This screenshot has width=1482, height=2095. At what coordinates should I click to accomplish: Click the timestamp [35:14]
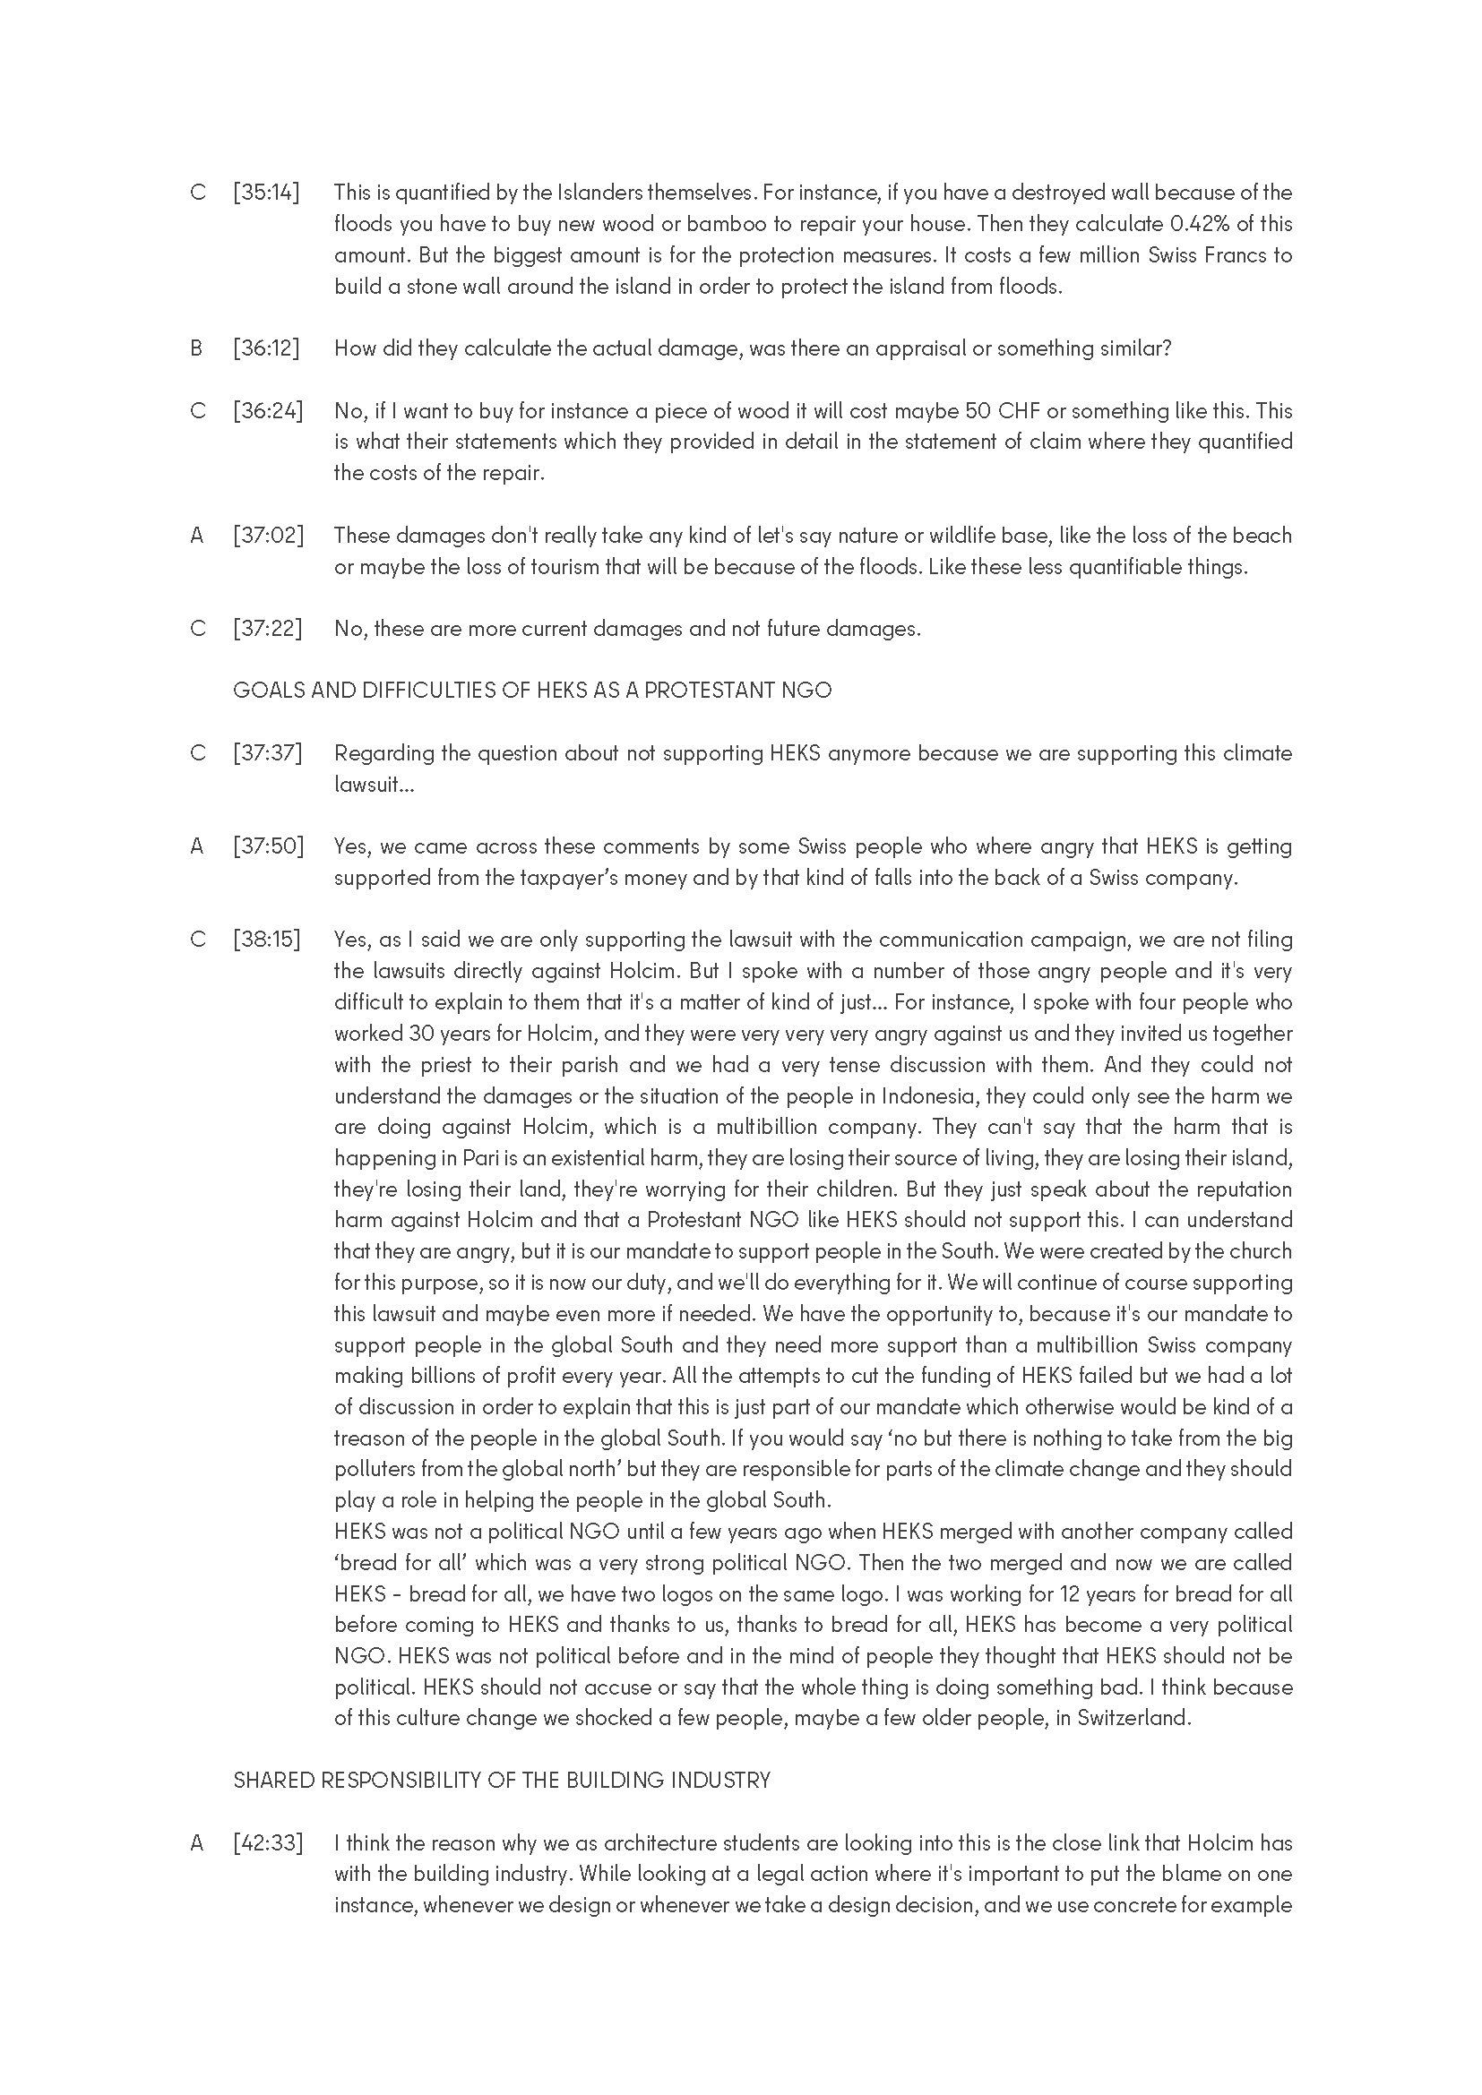[x=266, y=193]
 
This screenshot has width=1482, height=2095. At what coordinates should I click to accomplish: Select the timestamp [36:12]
[x=266, y=348]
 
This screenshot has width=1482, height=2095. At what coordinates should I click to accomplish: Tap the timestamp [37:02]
[x=268, y=536]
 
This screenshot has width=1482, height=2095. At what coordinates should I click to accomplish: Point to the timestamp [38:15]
[x=266, y=940]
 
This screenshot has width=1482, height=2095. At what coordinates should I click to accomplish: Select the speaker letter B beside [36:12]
[x=196, y=348]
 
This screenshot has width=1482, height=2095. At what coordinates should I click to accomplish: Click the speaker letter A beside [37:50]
[x=197, y=846]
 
